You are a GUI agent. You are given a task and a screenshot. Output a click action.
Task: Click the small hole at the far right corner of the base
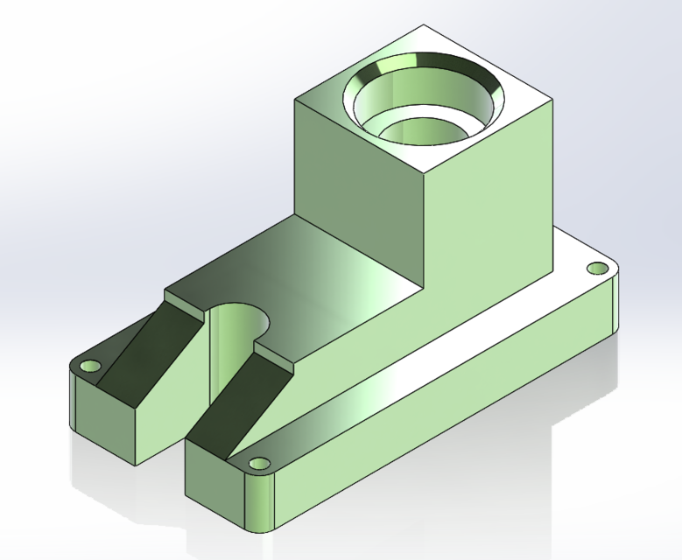tap(599, 268)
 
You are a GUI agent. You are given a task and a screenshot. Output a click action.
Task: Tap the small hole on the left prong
tap(88, 365)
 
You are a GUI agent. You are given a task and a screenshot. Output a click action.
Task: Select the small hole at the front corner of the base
tap(259, 463)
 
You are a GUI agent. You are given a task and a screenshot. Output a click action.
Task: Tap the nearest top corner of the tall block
tap(425, 172)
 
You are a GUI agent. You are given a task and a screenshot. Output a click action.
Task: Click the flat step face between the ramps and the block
tap(306, 280)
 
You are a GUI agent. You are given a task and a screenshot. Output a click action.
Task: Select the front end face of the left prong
tap(105, 420)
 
